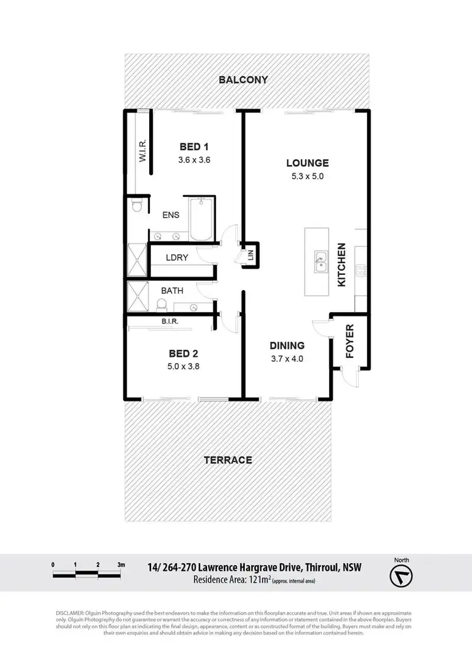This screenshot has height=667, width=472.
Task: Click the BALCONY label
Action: (x=243, y=80)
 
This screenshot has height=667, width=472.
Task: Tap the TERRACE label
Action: (x=227, y=460)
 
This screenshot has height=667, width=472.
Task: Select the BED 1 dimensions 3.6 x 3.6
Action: (x=194, y=160)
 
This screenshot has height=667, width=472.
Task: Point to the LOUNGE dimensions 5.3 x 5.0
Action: (x=306, y=176)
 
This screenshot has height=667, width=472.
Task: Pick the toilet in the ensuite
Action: (x=137, y=206)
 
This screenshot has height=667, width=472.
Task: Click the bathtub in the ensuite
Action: (x=203, y=220)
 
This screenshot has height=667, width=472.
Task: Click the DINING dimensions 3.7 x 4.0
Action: (x=287, y=360)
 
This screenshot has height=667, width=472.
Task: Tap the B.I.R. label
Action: (x=171, y=321)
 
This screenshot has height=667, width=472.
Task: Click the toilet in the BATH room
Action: (x=161, y=305)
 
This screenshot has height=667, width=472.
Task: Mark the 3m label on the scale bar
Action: (x=121, y=564)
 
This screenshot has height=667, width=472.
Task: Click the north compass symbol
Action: (x=400, y=576)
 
